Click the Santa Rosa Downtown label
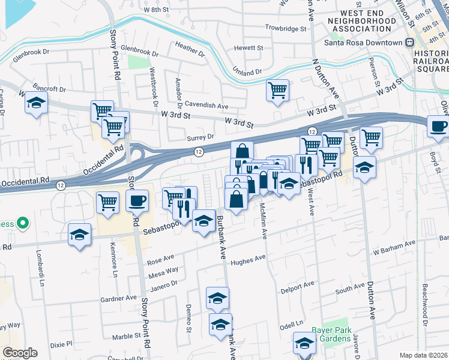click(363, 43)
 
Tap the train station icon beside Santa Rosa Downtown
click(410, 43)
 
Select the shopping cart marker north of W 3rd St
click(277, 91)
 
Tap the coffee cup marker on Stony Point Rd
click(138, 200)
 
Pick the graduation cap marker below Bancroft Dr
click(37, 103)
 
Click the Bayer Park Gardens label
click(331, 335)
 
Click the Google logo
click(20, 353)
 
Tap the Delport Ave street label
click(298, 287)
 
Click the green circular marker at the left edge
click(23, 224)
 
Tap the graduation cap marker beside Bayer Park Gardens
click(304, 344)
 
